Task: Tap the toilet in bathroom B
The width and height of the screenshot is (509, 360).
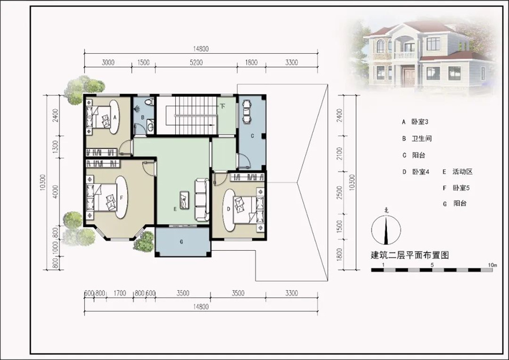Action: click(149, 102)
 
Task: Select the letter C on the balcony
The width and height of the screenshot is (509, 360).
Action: click(252, 136)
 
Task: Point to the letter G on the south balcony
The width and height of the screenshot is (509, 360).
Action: click(182, 241)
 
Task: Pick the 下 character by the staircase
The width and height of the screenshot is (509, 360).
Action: click(222, 106)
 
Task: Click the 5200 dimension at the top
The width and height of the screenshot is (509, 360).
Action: click(196, 62)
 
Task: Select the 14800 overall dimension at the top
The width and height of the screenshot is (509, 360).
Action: click(201, 49)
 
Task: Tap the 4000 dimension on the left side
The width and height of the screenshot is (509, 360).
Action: click(55, 192)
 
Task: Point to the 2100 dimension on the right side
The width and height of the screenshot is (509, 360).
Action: click(339, 153)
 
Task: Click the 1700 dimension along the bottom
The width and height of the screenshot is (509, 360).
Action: click(119, 293)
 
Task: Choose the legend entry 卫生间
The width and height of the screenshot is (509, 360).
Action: click(422, 139)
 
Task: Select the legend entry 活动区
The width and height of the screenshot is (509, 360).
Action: click(462, 172)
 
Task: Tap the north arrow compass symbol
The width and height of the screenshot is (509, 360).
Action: click(386, 230)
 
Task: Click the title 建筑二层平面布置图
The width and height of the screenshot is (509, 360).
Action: click(410, 255)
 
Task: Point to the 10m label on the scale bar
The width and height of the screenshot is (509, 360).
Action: click(493, 265)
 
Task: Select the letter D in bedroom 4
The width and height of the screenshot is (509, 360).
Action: click(228, 209)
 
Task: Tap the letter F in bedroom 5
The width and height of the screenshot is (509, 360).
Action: click(122, 197)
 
